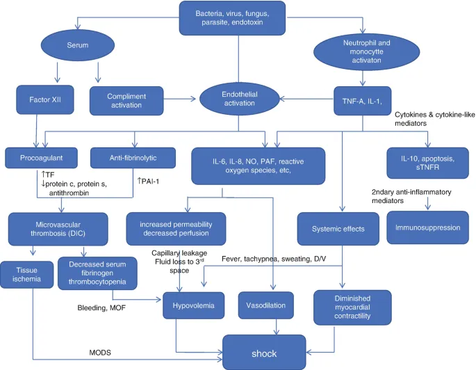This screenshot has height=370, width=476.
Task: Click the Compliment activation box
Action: pos(126,99)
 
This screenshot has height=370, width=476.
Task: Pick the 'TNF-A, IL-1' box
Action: pos(360,99)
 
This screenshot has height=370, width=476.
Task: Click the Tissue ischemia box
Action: pos(23,272)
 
